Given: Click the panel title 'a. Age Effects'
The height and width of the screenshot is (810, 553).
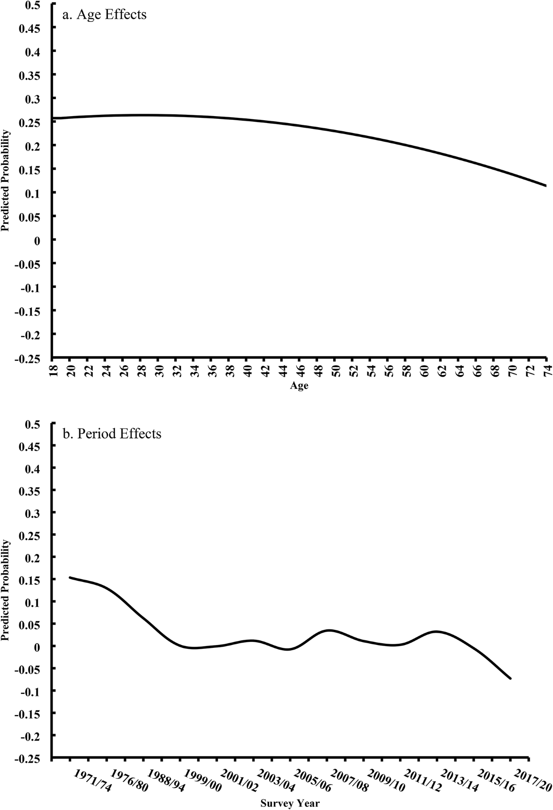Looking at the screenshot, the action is coord(104,15).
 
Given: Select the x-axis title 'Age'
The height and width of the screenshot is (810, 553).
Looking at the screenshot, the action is coord(299,386).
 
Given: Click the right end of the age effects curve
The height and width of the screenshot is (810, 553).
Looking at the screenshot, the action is coord(546,186).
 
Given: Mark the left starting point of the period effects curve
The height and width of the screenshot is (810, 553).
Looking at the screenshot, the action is coord(70,577).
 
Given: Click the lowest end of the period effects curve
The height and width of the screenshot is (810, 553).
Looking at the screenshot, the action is coord(510,678).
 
